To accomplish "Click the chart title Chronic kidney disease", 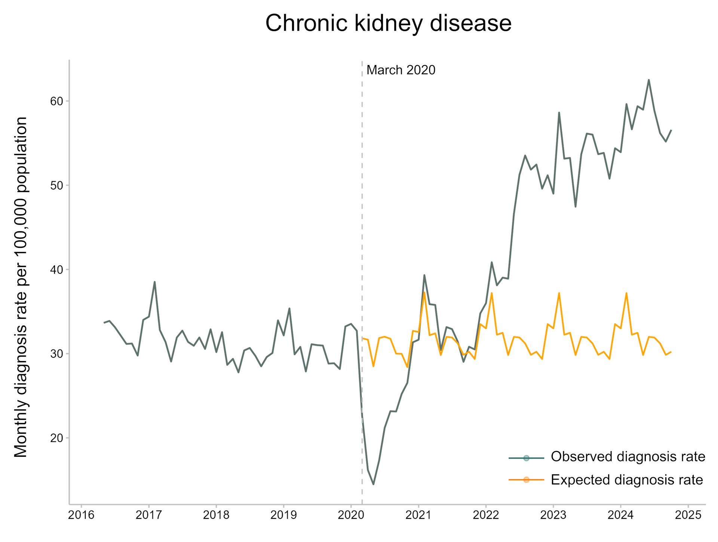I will click(x=388, y=23).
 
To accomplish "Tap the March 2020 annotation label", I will click(x=401, y=70).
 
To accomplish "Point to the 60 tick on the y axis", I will click(x=57, y=101).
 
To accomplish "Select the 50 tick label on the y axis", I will click(x=57, y=185).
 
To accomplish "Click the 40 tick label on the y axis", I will click(x=57, y=270).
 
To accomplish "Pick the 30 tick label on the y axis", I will click(x=57, y=354).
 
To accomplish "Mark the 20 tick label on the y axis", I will click(x=57, y=438).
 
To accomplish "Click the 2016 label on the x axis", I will click(x=81, y=515).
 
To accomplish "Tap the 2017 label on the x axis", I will click(x=148, y=515).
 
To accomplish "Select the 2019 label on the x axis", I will click(x=283, y=515).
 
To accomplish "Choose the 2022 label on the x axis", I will click(x=486, y=515).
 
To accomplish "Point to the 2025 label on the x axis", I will click(x=688, y=515).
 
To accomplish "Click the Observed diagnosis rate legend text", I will click(x=628, y=457).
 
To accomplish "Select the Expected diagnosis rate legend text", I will click(x=627, y=480).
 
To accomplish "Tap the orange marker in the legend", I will click(x=527, y=480).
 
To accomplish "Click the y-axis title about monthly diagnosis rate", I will click(x=21, y=287).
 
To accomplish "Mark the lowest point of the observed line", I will click(x=373, y=484).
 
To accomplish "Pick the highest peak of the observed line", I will click(x=649, y=80).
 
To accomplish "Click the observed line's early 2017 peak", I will click(x=154, y=282).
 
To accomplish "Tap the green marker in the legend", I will click(x=527, y=458).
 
